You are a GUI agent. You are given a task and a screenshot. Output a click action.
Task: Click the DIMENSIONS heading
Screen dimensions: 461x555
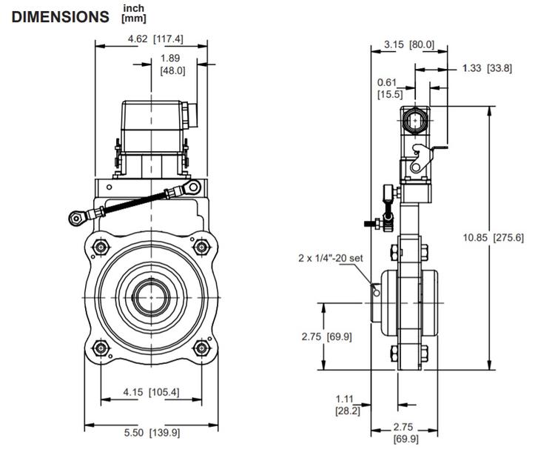60,16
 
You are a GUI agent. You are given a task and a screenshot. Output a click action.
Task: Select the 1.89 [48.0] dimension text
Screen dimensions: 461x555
172,64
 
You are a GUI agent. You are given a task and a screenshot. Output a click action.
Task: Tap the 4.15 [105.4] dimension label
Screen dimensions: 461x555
153,391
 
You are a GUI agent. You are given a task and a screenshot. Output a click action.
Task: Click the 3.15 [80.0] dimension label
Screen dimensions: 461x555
410,44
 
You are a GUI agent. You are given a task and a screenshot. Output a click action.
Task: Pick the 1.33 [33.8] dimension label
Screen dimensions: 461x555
487,68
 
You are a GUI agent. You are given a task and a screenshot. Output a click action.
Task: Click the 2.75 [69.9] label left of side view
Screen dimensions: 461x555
326,336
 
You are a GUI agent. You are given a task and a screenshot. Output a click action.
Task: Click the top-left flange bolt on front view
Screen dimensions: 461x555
100,245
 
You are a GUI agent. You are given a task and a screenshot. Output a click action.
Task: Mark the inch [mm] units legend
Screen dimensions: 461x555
133,13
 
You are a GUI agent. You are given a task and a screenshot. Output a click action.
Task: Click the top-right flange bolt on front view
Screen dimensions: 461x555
201,245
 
